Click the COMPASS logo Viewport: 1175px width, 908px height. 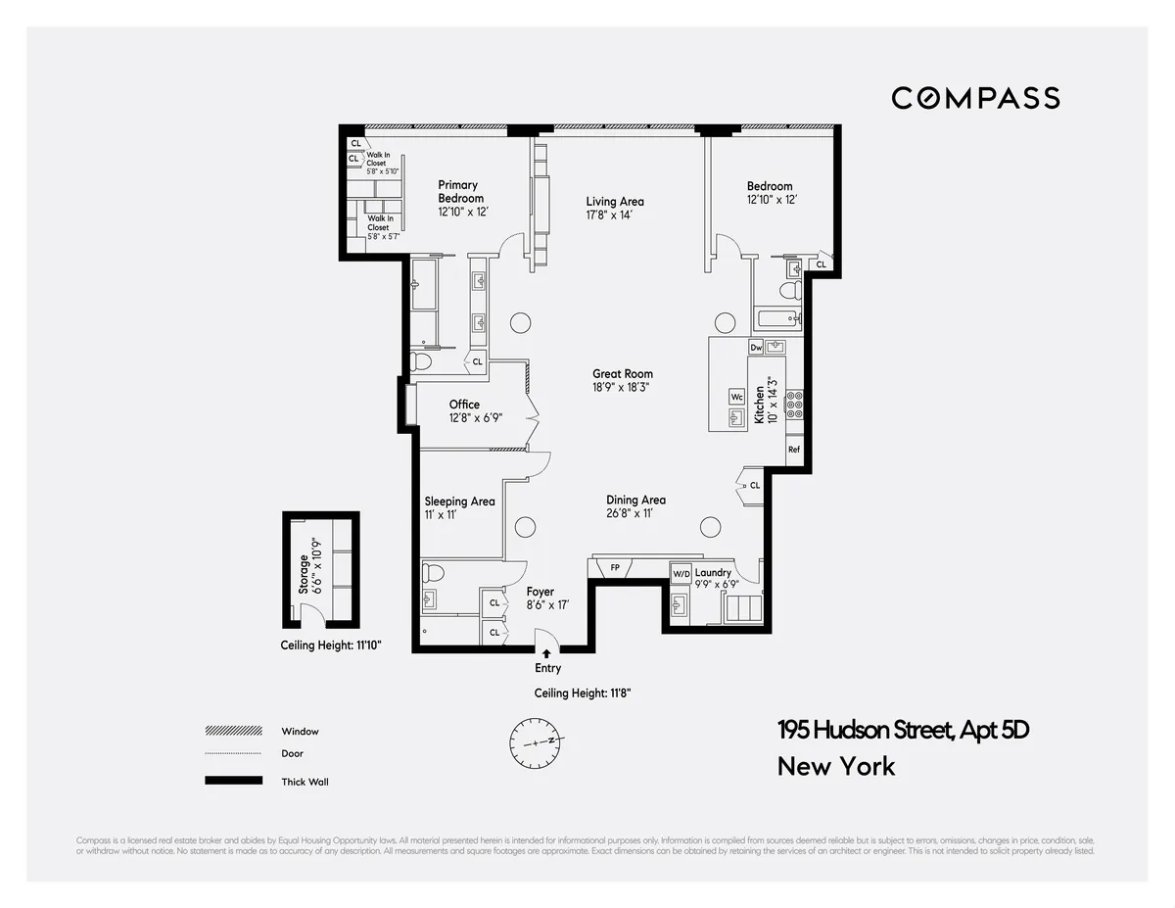coord(975,98)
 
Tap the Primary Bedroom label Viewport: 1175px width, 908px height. coord(458,191)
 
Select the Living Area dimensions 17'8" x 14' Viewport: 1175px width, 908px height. coord(615,215)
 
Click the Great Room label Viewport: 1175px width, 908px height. coord(622,373)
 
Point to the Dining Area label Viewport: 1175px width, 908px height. coord(635,500)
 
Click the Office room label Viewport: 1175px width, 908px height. coord(464,405)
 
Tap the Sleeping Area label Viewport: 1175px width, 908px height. coord(459,502)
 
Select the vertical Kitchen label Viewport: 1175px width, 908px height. coord(759,405)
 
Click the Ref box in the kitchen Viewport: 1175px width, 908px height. coord(794,450)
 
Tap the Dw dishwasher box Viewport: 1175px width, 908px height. coord(756,348)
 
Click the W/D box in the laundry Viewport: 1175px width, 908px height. coord(681,573)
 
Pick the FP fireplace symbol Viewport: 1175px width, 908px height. coord(615,567)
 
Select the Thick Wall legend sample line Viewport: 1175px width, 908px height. coord(233,781)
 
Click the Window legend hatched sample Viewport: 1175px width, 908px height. coord(233,731)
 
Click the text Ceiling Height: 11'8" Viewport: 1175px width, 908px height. coord(582,693)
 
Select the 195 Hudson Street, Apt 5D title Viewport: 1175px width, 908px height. coord(903,730)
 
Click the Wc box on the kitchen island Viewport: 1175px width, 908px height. coord(736,397)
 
